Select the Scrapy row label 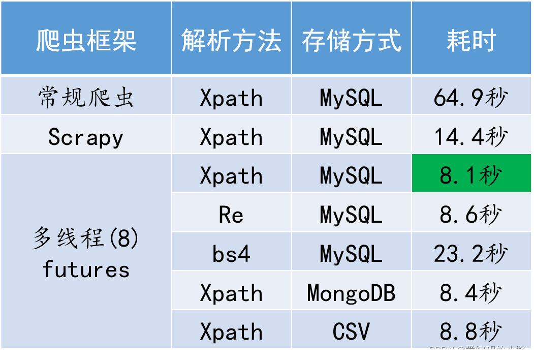pyautogui.click(x=86, y=137)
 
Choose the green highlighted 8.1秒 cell pyautogui.click(x=471, y=175)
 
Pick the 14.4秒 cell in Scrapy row pyautogui.click(x=471, y=137)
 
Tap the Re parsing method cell pyautogui.click(x=231, y=215)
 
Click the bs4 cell pyautogui.click(x=231, y=254)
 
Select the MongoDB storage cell pyautogui.click(x=351, y=293)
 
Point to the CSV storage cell pyautogui.click(x=351, y=332)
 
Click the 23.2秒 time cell pyautogui.click(x=471, y=254)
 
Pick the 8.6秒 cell pyautogui.click(x=471, y=215)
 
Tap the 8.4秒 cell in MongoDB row pyautogui.click(x=471, y=293)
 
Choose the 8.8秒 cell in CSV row pyautogui.click(x=471, y=332)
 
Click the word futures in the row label pyautogui.click(x=86, y=269)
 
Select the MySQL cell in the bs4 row pyautogui.click(x=351, y=254)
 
